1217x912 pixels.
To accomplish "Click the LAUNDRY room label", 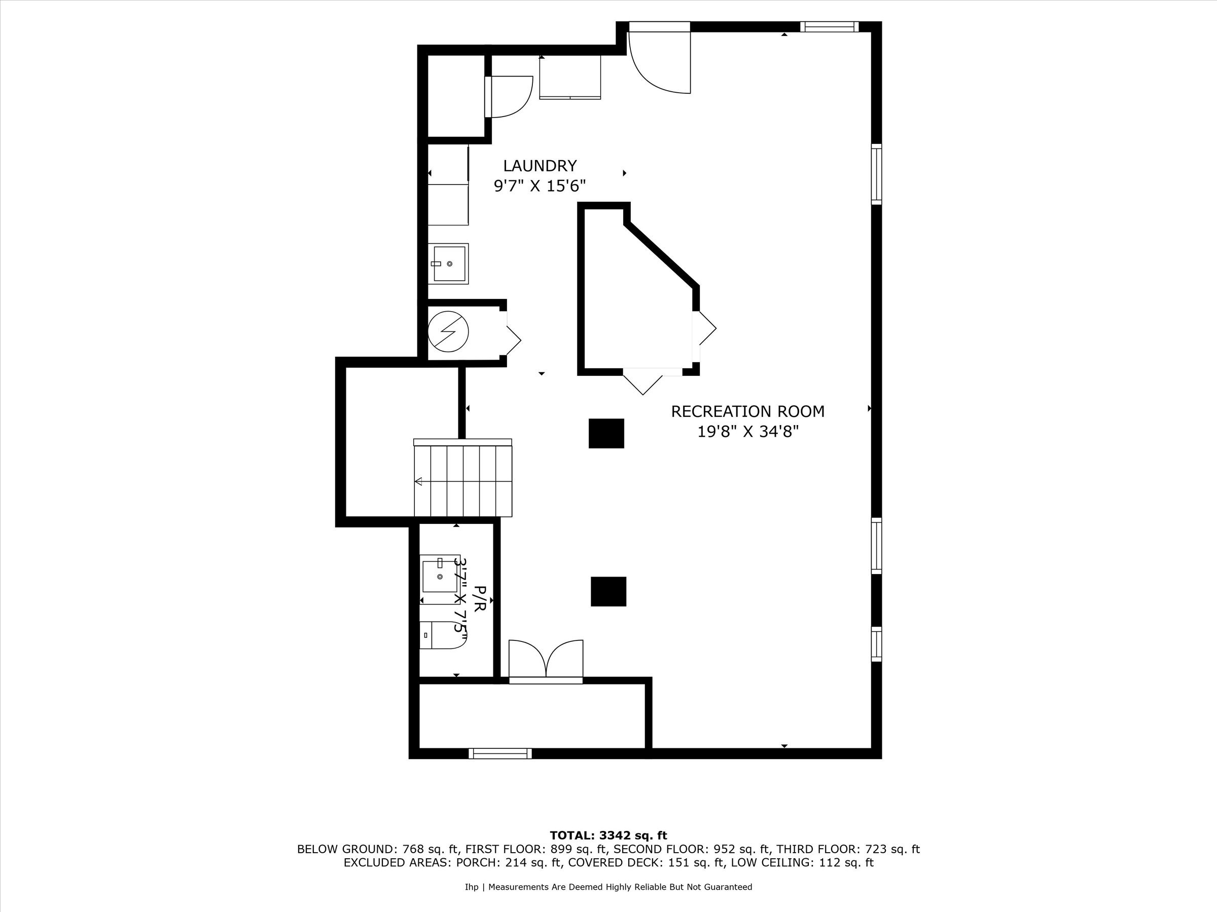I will coord(540,166).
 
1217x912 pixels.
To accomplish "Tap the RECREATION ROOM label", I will coord(747,411).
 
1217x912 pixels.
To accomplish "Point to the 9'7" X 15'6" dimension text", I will coord(539,186).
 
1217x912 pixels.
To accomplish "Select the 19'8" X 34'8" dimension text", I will coord(747,432).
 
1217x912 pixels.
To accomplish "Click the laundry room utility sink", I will coord(448,264).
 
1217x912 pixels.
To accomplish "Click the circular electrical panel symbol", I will coord(448,331).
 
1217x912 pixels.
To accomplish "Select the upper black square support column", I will coord(606,433).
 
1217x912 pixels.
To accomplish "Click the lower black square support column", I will coord(608,591).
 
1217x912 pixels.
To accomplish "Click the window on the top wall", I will coord(829,26).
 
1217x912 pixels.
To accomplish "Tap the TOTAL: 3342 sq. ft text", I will coord(608,835).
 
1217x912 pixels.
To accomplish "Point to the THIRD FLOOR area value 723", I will coord(874,849).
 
